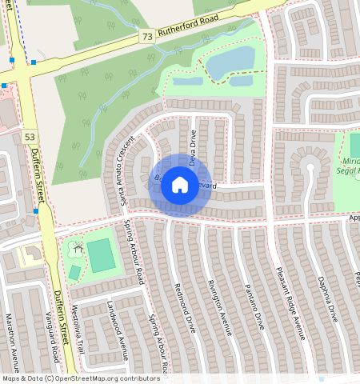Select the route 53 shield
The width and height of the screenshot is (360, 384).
30,138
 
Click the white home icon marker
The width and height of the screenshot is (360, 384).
180,186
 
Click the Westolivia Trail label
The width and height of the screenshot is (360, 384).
78,329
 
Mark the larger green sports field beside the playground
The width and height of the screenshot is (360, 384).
102,255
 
